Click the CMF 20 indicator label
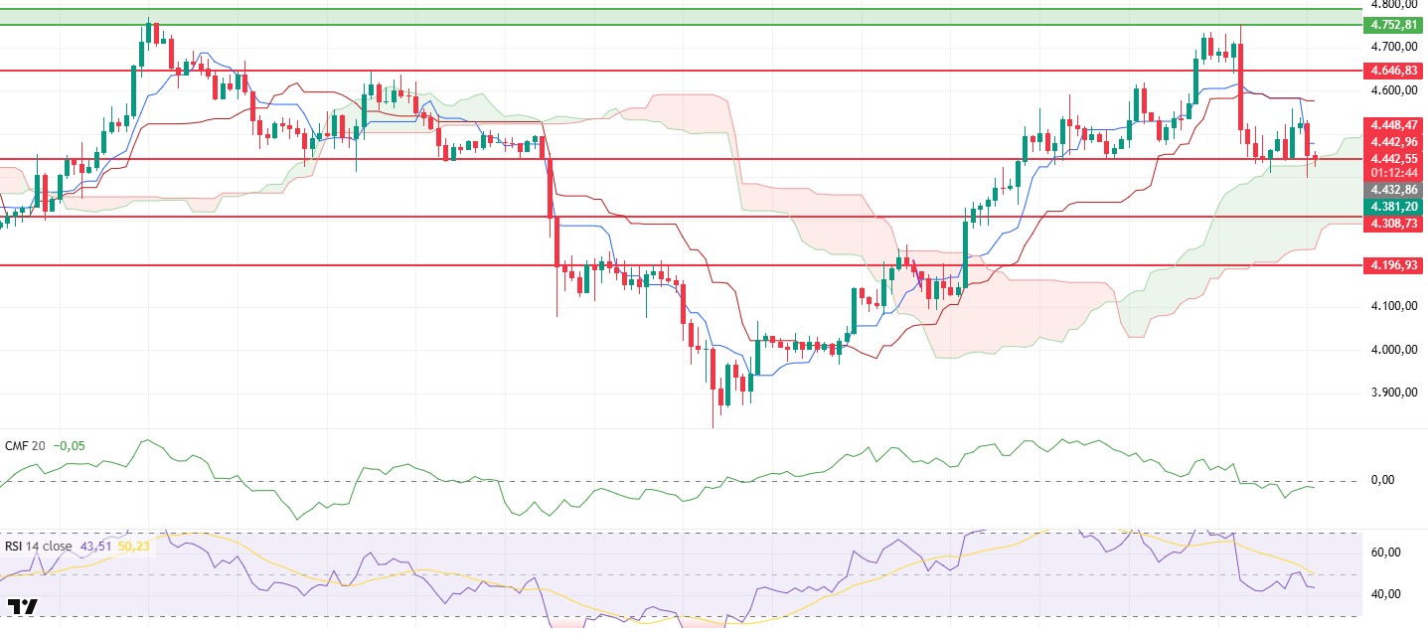tap(25, 446)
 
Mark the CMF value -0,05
tap(69, 446)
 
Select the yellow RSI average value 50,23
tap(135, 546)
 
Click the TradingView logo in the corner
tap(23, 606)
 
